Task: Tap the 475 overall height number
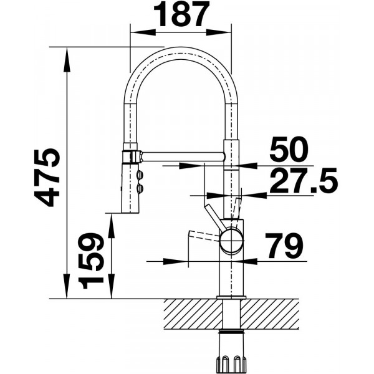click(46, 178)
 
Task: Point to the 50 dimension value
click(289, 150)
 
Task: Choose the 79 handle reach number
click(285, 246)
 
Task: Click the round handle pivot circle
click(232, 241)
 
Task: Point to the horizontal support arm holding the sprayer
click(183, 156)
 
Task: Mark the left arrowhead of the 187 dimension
click(143, 32)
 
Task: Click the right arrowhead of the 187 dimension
click(219, 32)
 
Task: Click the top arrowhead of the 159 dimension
click(111, 226)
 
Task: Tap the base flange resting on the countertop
click(231, 297)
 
